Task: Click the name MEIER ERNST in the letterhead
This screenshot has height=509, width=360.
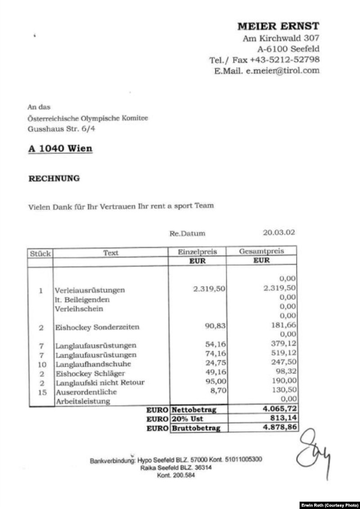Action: coord(278,26)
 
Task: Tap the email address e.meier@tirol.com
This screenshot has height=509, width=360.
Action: coord(283,71)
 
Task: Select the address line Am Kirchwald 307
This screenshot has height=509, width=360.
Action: coord(281,38)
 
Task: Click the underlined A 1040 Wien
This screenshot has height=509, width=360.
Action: coord(60,148)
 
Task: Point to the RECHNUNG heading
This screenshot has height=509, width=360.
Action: coord(54,179)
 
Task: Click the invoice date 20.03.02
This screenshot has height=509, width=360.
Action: coord(279,232)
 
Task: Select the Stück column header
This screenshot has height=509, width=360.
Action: coord(40,253)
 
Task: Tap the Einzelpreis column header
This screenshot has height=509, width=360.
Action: coord(198,252)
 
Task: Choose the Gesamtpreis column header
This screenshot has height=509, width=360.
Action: coord(261,251)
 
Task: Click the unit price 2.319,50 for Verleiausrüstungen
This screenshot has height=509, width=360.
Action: coord(209,289)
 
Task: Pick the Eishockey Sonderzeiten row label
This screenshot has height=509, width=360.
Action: coord(97,327)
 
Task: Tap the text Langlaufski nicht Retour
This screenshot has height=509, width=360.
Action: coord(100,383)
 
